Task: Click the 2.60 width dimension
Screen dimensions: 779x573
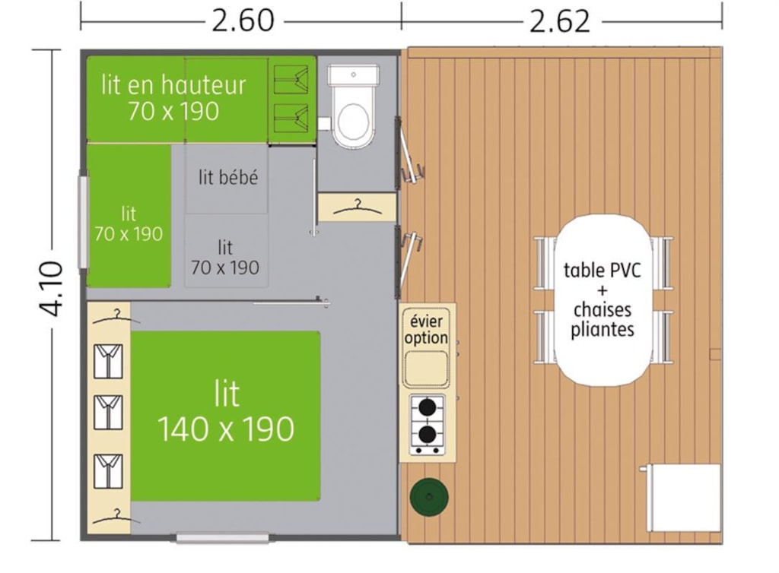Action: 243,21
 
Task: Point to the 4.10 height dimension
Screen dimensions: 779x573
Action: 52,289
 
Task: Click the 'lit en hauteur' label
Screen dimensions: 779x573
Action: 173,85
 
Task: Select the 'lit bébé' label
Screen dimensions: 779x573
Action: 228,177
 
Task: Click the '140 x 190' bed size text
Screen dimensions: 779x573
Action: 226,429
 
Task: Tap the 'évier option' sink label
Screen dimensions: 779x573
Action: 426,329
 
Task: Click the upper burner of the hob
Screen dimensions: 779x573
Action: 428,408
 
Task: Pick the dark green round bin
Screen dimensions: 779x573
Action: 429,496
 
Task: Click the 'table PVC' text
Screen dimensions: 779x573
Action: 603,271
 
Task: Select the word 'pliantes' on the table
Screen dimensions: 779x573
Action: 603,330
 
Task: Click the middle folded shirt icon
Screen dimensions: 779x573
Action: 108,412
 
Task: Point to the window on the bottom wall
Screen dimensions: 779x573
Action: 222,538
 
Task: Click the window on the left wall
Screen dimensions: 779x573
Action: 83,222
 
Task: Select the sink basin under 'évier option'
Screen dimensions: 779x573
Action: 426,368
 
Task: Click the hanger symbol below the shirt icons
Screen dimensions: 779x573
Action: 116,516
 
